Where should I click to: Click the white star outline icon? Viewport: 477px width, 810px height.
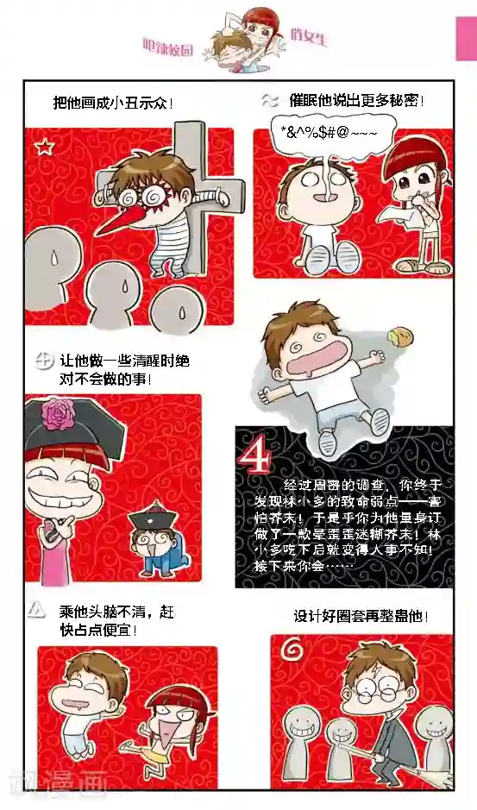coord(44,148)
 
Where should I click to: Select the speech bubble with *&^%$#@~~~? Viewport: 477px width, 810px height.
coord(329,133)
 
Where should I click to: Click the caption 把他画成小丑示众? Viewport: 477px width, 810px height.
coord(112,104)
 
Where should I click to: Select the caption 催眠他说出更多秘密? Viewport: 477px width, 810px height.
coord(356,100)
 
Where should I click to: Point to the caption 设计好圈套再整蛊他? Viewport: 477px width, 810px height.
coord(361,617)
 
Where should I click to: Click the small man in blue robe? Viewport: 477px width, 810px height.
coord(154,544)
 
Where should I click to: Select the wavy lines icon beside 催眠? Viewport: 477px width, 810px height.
coord(268,99)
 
